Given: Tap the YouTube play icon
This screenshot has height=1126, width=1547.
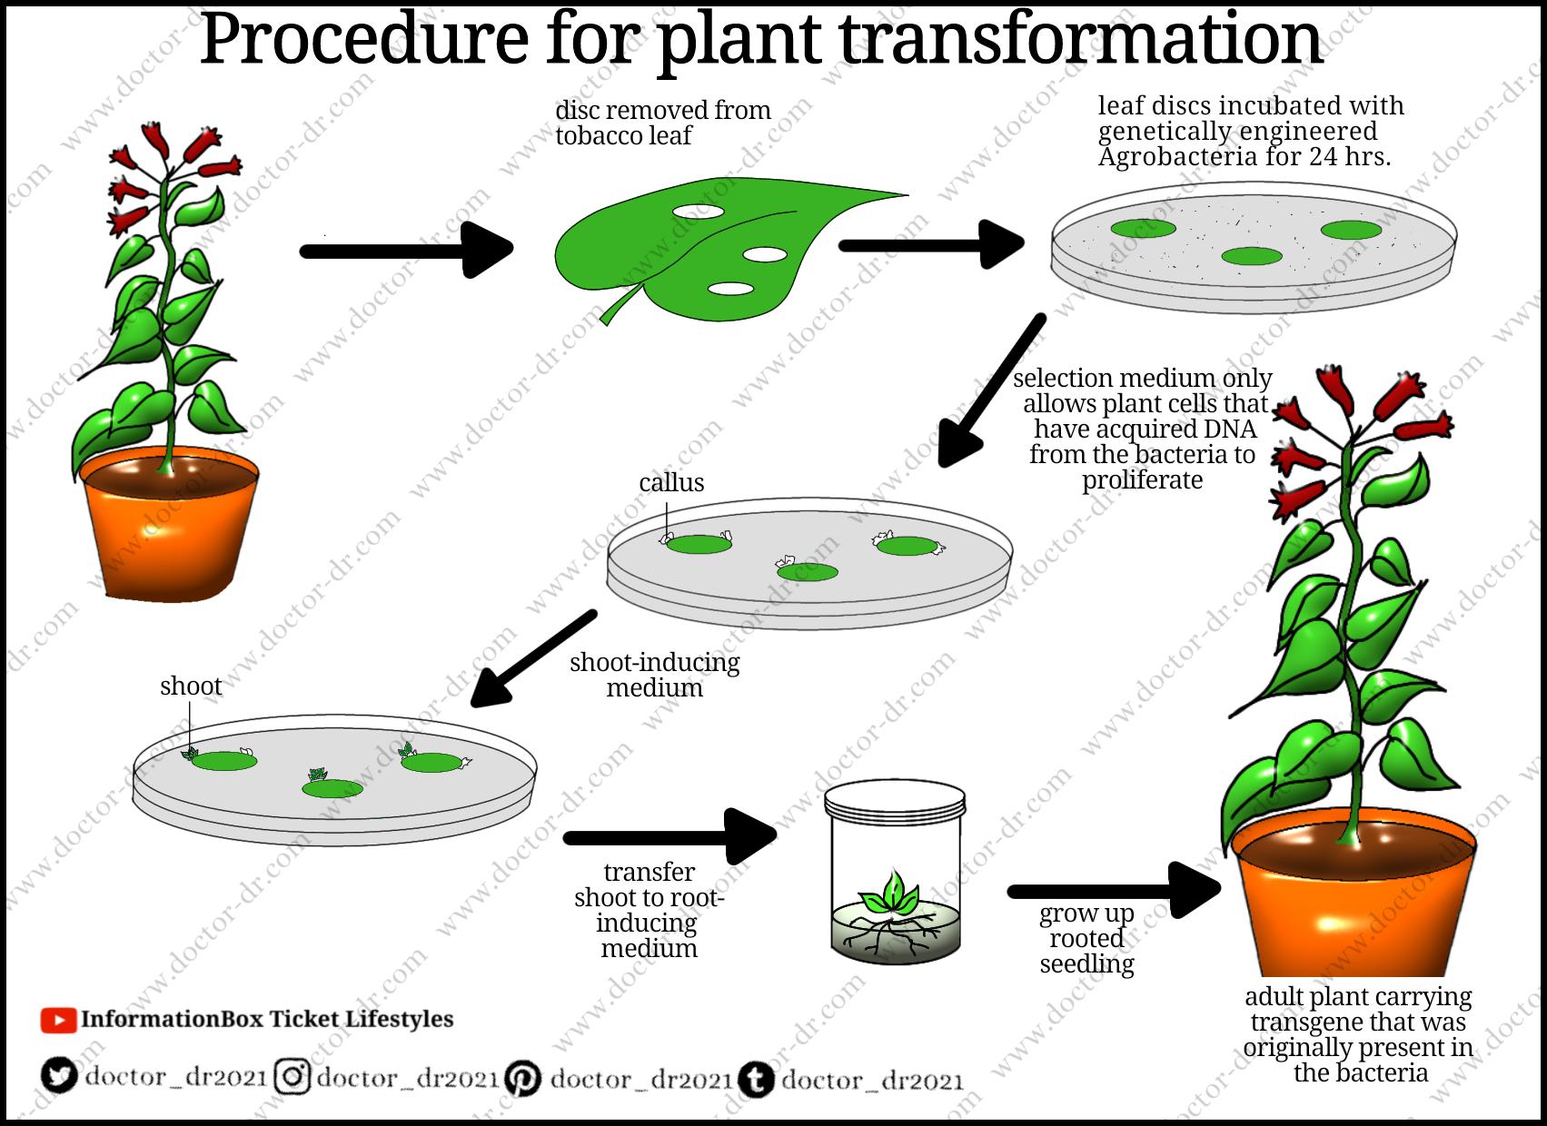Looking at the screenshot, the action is pos(58,1021).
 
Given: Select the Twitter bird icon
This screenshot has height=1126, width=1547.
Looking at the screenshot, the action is pos(59,1076).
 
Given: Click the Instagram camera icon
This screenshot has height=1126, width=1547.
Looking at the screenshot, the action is pos(293,1077).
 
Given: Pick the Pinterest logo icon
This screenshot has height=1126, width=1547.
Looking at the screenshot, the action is pos(523,1079).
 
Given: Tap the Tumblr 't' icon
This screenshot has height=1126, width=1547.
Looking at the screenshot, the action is pos(756,1080).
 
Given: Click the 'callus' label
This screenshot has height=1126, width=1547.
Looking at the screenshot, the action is pos(671,482).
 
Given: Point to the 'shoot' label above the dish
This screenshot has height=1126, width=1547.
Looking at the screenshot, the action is pos(191,686).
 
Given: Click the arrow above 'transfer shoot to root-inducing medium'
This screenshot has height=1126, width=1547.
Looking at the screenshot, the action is pos(669,836).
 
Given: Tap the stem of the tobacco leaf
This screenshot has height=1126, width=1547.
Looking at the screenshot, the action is pos(620,304).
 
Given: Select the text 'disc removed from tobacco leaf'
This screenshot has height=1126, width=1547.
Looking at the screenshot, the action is pos(663,123).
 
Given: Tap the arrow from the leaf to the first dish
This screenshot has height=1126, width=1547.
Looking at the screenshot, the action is pos(932,244).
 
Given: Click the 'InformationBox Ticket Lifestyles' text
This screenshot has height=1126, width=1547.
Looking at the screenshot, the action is pos(267,1020).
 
